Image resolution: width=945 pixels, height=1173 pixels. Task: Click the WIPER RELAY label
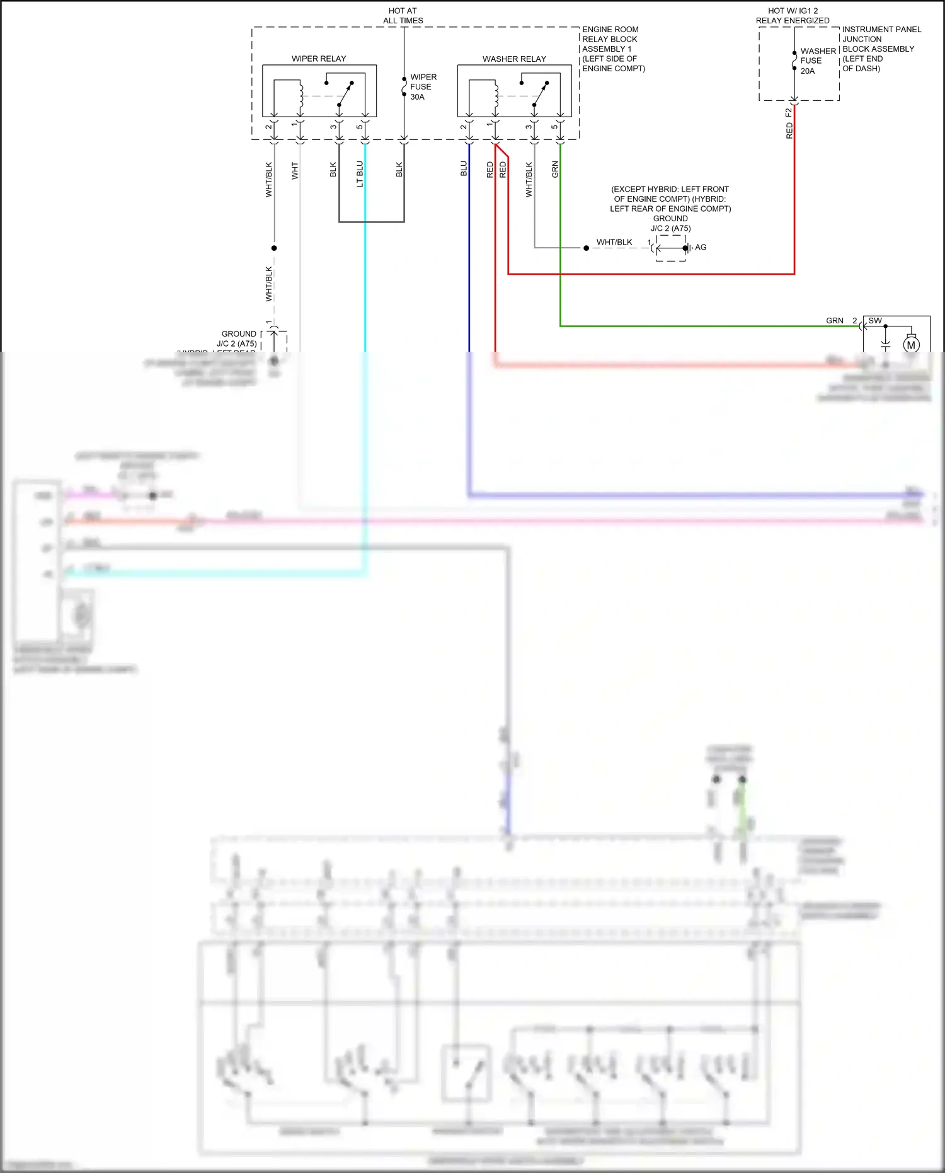[x=319, y=59]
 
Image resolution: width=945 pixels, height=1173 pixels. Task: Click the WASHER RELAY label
[x=514, y=59]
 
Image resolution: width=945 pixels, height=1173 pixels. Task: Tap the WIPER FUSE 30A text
[x=423, y=87]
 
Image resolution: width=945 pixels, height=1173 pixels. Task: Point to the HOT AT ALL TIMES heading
[x=403, y=16]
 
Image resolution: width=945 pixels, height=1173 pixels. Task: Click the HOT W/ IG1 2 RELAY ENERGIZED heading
[x=793, y=16]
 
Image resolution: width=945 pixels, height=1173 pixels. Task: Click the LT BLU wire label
[x=360, y=174]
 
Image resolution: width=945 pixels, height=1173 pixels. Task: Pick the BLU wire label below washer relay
[x=464, y=169]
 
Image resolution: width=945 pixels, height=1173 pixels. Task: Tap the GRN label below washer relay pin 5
[x=555, y=169]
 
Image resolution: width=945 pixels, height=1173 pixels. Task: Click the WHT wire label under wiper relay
[x=295, y=171]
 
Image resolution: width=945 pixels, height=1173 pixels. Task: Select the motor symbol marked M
[x=911, y=345]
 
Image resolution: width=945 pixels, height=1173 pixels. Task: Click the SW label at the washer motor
[x=875, y=321]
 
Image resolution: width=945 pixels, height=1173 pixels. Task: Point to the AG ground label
[x=701, y=247]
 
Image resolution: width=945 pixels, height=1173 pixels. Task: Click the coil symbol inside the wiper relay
[x=301, y=96]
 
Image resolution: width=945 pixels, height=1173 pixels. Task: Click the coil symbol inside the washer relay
[x=496, y=96]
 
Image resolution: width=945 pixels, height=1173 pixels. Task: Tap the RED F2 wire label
[x=789, y=124]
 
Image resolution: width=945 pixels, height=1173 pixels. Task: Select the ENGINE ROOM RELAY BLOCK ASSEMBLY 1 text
[x=612, y=49]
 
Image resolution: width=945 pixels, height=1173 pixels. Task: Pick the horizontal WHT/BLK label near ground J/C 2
[x=614, y=242]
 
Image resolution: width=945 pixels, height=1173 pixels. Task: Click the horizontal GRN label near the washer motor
[x=835, y=321]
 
